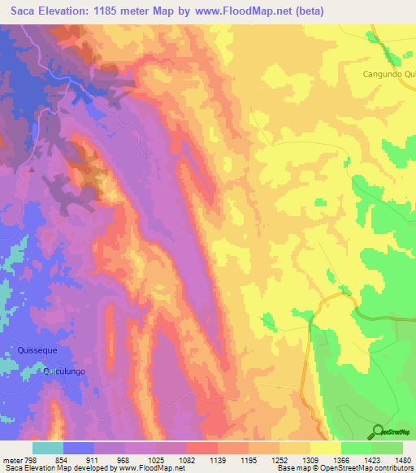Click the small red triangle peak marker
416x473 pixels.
[32, 171]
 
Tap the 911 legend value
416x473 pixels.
[94, 458]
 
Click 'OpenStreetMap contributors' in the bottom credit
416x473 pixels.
[364, 468]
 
